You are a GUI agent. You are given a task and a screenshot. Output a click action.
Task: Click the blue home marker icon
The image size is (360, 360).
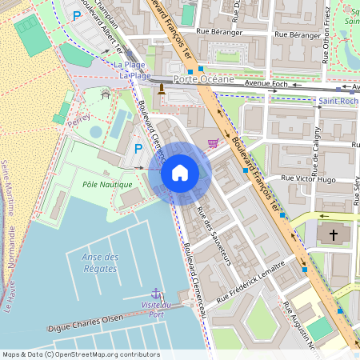pyautogui.click(x=180, y=173)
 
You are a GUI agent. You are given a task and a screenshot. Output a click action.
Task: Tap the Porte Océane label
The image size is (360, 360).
pyautogui.click(x=204, y=80)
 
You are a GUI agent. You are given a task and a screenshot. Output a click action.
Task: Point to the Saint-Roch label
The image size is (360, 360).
pyautogui.click(x=338, y=102)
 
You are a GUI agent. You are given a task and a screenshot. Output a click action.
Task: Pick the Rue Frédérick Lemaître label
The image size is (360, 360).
pyautogui.click(x=250, y=279)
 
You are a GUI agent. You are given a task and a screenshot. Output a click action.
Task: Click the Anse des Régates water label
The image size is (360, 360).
pyautogui.click(x=100, y=262)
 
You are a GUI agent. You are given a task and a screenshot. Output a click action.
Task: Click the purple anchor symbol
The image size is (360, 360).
pyautogui.click(x=156, y=294)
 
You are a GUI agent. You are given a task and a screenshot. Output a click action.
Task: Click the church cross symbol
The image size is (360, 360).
pyautogui.click(x=334, y=235)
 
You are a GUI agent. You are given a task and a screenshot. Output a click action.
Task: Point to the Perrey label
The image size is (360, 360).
pyautogui.click(x=79, y=118)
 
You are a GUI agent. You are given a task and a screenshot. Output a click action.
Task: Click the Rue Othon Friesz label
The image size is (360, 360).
pyautogui.click(x=327, y=24)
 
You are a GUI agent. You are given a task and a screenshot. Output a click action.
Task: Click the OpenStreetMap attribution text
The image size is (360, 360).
pyautogui.click(x=81, y=354)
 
